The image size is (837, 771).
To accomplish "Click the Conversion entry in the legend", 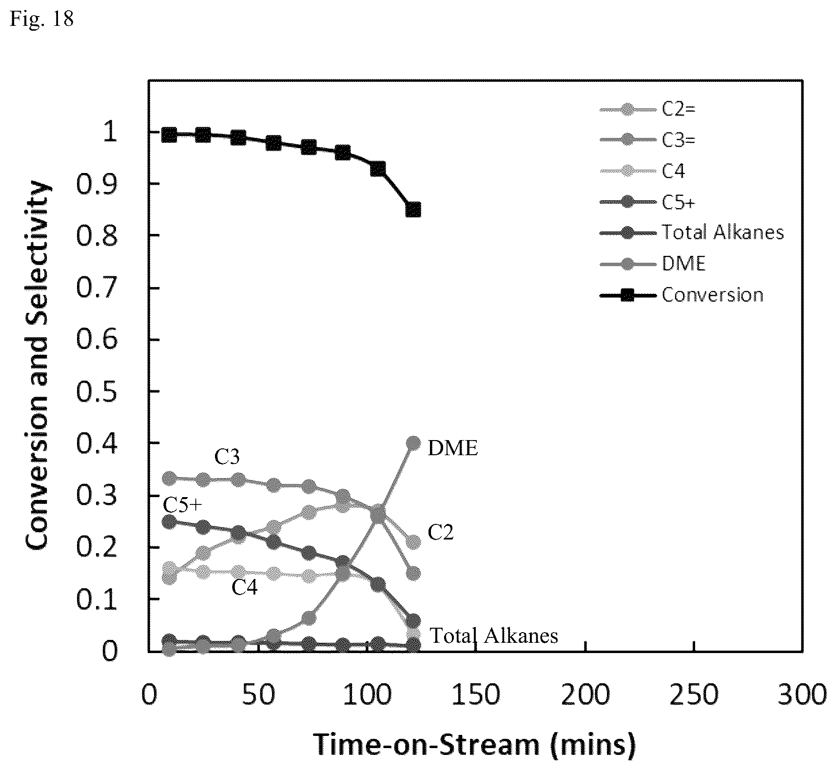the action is pos(681,295).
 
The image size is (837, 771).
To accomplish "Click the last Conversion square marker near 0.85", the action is pos(413,210).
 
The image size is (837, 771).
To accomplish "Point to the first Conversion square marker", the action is pos(169,135).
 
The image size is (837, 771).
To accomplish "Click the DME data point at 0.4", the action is pos(413,443).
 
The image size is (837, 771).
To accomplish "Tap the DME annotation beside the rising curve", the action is pos(453,448).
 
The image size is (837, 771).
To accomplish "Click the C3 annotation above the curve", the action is pos(227,457).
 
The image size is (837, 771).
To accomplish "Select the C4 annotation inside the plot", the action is pos(244,587).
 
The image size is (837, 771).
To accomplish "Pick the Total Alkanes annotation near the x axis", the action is pos(494,636).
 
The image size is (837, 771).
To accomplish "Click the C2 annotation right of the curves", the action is pos(441,533).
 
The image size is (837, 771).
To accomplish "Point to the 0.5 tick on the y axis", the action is pos(97,391).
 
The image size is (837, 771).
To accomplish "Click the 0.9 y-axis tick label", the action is pos(97,183).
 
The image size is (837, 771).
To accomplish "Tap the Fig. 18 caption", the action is pos(42,19).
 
